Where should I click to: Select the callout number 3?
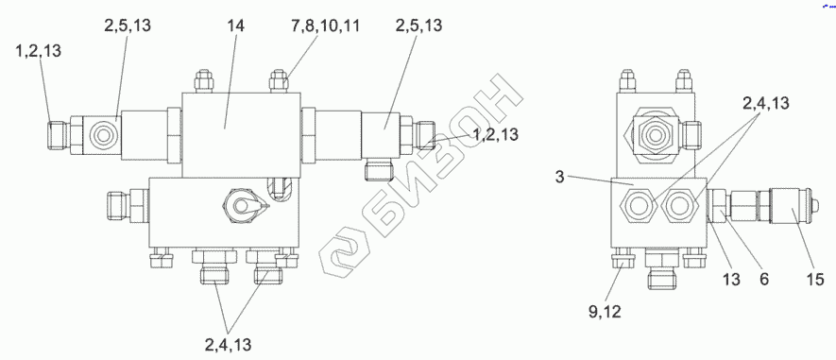[559, 177]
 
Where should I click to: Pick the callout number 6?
[764, 280]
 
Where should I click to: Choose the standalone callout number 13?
[731, 280]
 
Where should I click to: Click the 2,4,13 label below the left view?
[228, 345]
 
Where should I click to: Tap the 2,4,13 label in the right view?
[765, 104]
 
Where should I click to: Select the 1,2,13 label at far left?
[38, 52]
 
